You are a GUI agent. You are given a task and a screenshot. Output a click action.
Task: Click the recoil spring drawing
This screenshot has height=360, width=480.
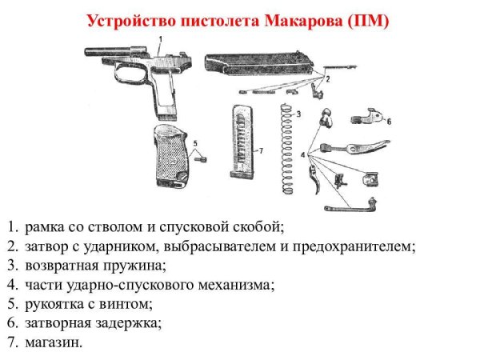287,148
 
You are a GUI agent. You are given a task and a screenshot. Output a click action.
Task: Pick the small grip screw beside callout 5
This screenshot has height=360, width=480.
204,158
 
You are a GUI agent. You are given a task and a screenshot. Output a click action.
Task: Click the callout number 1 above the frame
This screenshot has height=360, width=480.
160,38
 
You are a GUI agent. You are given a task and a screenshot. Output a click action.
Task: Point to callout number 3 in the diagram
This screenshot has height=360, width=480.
298,114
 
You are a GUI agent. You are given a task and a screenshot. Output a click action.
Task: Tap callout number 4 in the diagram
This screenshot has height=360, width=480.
303,153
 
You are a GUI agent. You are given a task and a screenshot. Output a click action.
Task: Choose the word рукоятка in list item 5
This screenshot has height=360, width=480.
53,303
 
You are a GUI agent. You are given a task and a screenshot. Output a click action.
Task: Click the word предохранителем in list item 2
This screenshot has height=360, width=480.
348,245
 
